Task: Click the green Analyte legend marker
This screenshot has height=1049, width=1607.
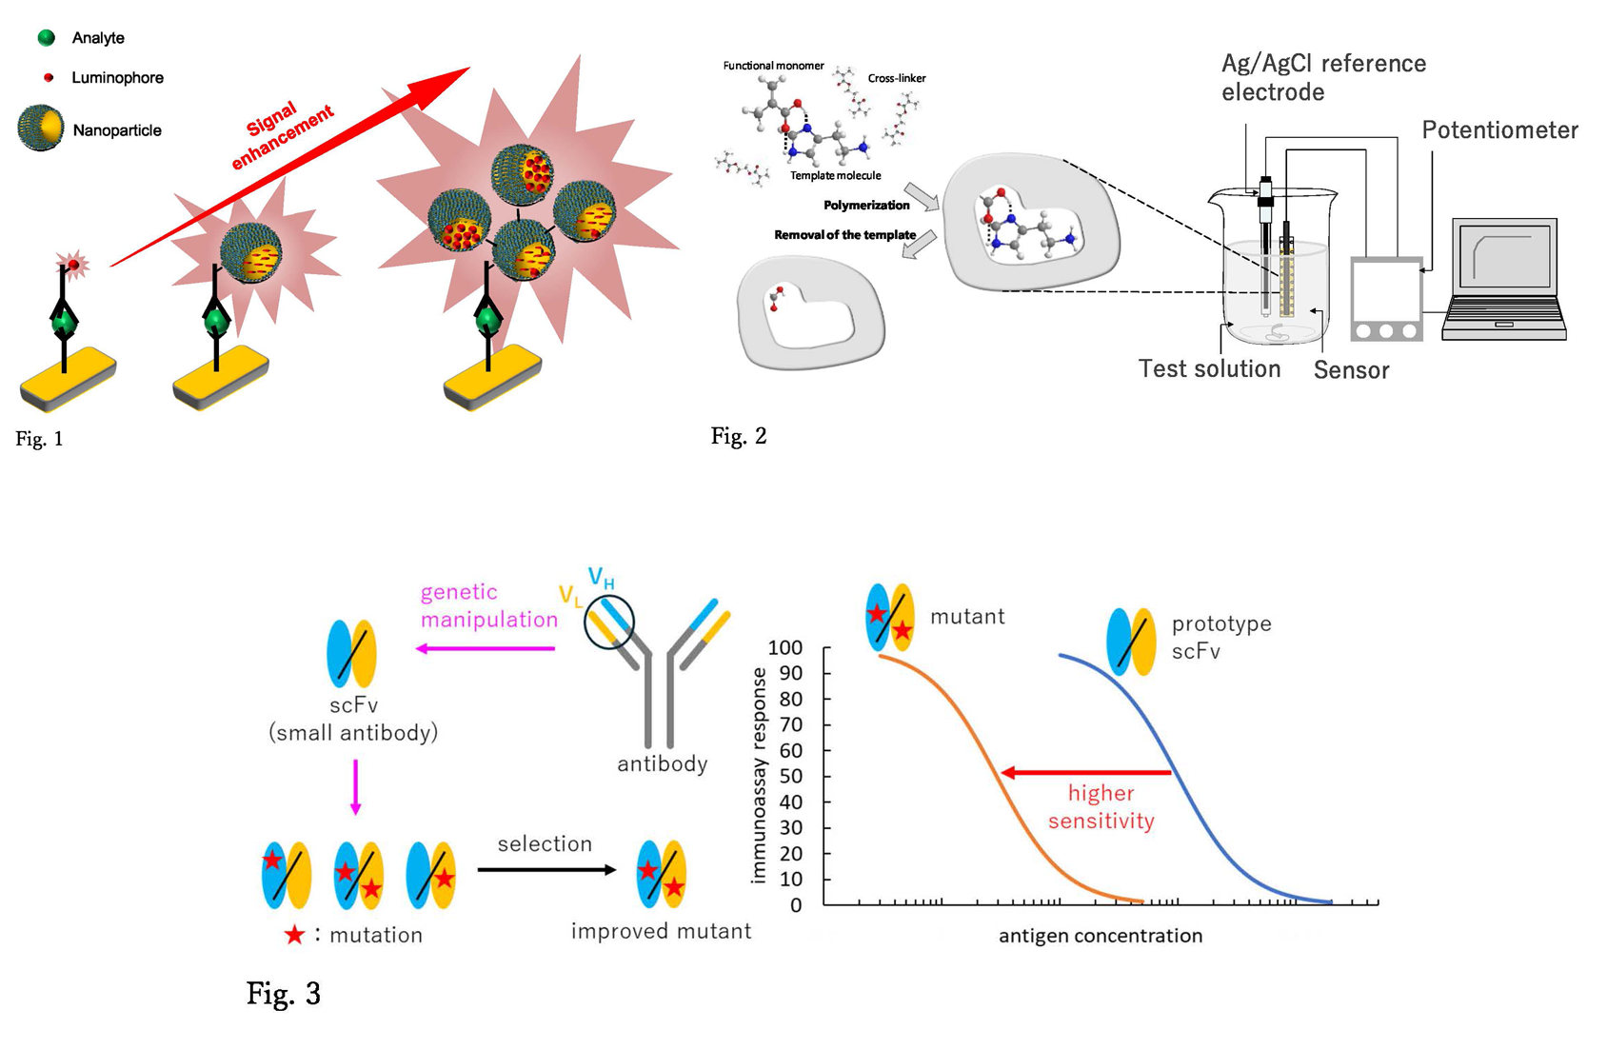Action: pos(46,38)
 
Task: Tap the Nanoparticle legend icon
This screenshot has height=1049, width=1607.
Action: pos(41,129)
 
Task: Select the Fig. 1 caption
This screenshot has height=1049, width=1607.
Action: pos(39,439)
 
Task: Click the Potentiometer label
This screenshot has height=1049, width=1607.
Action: pos(1499,130)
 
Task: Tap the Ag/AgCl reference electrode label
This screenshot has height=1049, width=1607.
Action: pos(1322,77)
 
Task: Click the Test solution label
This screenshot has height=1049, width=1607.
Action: pos(1209,369)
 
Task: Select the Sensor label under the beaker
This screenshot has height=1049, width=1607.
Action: pos(1351,370)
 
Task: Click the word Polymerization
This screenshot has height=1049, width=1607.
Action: pos(866,206)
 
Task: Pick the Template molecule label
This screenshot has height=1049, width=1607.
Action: pos(835,175)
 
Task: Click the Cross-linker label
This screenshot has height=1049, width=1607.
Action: pos(896,78)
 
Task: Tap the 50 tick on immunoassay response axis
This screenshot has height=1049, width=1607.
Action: pos(791,776)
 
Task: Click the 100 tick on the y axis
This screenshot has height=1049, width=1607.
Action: pos(786,648)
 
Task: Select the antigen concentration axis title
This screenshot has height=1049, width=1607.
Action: pos(1100,936)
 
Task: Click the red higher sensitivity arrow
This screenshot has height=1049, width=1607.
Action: pos(1085,773)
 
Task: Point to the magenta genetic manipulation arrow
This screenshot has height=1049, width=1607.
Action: pos(486,648)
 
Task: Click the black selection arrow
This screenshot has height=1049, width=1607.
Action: pos(546,869)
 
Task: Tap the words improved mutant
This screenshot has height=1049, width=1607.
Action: pos(661,931)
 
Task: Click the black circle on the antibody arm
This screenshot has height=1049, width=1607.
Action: pos(609,622)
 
